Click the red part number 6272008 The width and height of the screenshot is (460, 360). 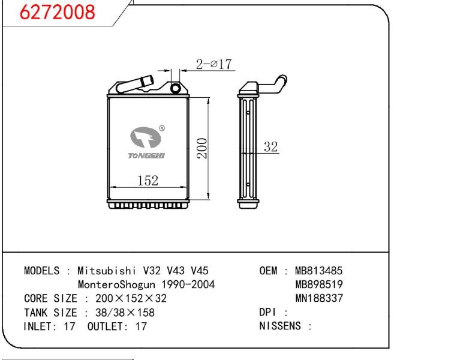click(57, 12)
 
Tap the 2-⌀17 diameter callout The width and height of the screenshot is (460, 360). click(214, 64)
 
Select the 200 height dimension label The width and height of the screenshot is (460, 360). click(202, 148)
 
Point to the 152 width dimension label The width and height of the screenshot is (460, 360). click(148, 181)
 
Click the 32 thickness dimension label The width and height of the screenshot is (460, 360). click(270, 146)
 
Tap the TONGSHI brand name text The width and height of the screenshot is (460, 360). click(146, 155)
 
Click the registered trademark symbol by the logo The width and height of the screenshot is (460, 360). click(162, 128)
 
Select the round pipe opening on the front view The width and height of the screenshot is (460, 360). click(176, 88)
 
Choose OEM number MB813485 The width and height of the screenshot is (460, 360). click(318, 271)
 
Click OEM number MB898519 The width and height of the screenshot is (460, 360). click(319, 284)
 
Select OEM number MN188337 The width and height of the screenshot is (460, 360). click(319, 298)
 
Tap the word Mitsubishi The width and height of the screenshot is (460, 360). click(107, 271)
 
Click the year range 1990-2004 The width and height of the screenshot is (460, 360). click(188, 284)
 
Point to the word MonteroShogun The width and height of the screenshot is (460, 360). click(116, 284)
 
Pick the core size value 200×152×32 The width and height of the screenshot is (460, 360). click(131, 298)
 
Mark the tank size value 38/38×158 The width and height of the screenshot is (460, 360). click(125, 313)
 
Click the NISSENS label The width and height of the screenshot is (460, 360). click(280, 326)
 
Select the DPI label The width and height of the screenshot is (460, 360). click(267, 312)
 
